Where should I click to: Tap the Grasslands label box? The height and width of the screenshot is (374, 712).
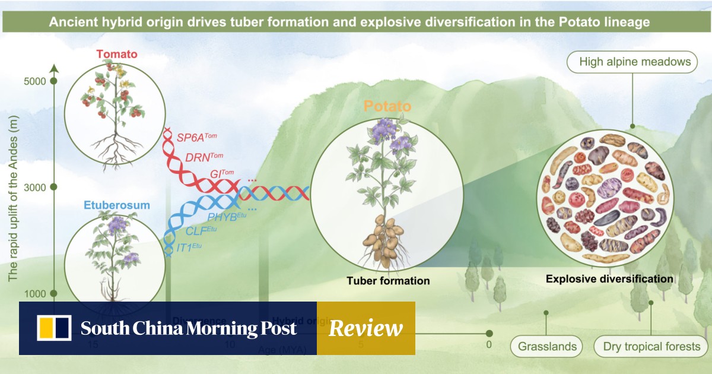tap(546, 346)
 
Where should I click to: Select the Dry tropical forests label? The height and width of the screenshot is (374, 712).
tap(651, 346)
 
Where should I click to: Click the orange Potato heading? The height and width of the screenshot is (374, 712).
tap(387, 107)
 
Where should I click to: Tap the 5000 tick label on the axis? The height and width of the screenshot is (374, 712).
tap(35, 81)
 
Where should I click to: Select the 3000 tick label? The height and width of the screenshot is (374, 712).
tap(35, 188)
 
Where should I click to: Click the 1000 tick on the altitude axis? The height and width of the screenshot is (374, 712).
tap(35, 294)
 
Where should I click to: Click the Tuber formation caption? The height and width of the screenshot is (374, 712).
tap(388, 280)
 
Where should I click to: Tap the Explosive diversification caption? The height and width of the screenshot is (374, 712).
tap(609, 278)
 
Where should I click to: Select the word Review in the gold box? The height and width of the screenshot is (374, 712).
tap(365, 328)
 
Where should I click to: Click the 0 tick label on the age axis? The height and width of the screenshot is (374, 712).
tap(489, 344)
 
